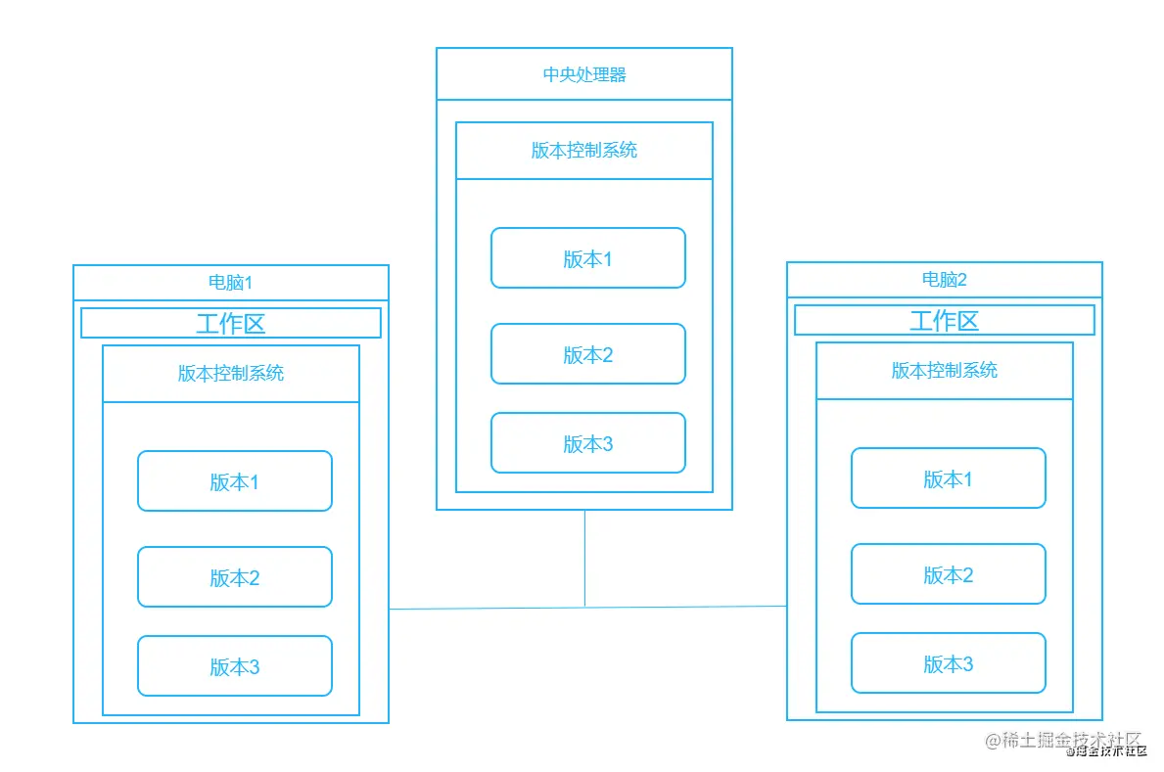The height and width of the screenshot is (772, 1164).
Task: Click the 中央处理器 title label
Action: [x=584, y=74]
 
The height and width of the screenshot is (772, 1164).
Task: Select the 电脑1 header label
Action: [x=231, y=283]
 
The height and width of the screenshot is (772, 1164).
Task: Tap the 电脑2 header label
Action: [x=945, y=280]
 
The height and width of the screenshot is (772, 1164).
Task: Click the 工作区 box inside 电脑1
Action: [x=231, y=323]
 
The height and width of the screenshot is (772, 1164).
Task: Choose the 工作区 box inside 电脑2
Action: [x=945, y=320]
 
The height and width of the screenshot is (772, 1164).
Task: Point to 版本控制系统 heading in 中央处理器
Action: [x=584, y=151]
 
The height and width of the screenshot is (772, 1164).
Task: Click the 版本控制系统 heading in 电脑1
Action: [x=231, y=374]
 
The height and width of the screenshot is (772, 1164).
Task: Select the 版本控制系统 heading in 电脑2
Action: [x=945, y=371]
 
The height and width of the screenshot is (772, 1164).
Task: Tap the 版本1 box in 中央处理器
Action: [x=588, y=258]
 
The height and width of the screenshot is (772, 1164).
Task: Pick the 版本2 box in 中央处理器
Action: [x=588, y=354]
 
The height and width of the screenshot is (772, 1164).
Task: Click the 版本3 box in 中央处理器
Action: [x=588, y=443]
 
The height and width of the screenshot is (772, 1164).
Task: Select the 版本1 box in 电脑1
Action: [x=235, y=481]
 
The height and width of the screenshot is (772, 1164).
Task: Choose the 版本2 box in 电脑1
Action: [x=235, y=577]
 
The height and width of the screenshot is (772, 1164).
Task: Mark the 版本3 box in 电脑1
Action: [x=235, y=666]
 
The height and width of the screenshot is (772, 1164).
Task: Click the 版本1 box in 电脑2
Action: [x=949, y=478]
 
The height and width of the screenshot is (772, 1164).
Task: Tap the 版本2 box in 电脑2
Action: [x=949, y=574]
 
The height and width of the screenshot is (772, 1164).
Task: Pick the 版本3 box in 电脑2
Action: [x=949, y=663]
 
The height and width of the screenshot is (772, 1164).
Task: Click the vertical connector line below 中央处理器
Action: [x=585, y=558]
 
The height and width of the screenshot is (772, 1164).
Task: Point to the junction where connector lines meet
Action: [x=585, y=608]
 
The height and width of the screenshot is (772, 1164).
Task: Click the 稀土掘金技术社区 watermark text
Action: [x=1064, y=740]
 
